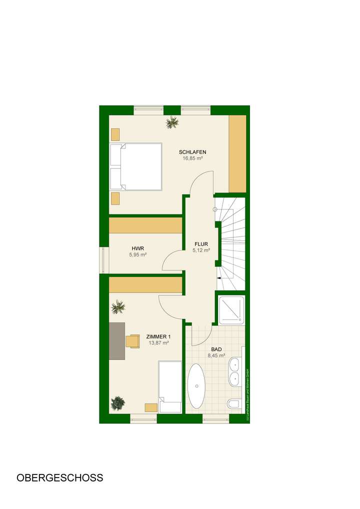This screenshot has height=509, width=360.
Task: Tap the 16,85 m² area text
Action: [x=192, y=158]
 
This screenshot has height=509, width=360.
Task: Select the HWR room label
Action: [x=137, y=248]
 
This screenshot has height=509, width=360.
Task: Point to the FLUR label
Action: [x=201, y=244]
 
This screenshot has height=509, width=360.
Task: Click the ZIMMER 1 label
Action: [x=157, y=336]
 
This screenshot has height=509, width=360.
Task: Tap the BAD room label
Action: [x=216, y=349]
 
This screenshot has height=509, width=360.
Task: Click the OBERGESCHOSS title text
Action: [x=60, y=477]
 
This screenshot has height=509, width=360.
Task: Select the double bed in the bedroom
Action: [x=136, y=166]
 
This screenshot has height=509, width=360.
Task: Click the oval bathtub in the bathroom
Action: [x=197, y=385]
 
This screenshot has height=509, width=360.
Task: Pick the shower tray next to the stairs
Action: [x=230, y=309]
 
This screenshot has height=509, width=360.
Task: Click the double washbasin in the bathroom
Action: [x=234, y=371]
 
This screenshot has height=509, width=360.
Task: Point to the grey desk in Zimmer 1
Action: [x=117, y=340]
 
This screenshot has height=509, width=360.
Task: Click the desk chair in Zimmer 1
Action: [x=132, y=340]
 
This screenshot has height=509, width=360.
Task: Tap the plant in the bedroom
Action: [x=172, y=122]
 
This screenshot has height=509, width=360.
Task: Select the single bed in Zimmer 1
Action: [x=170, y=387]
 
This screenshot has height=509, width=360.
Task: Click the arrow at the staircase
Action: [x=219, y=278]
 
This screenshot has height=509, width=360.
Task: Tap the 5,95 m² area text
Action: [x=137, y=254]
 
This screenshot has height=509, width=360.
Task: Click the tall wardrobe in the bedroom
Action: [x=237, y=153]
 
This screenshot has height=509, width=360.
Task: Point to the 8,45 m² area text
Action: [x=216, y=356]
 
